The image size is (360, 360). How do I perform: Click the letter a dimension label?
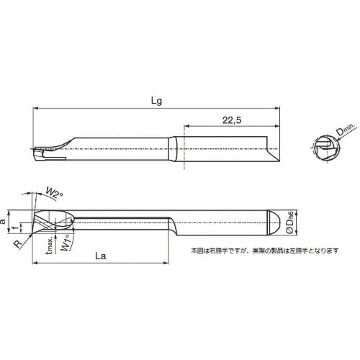point(5,224)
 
